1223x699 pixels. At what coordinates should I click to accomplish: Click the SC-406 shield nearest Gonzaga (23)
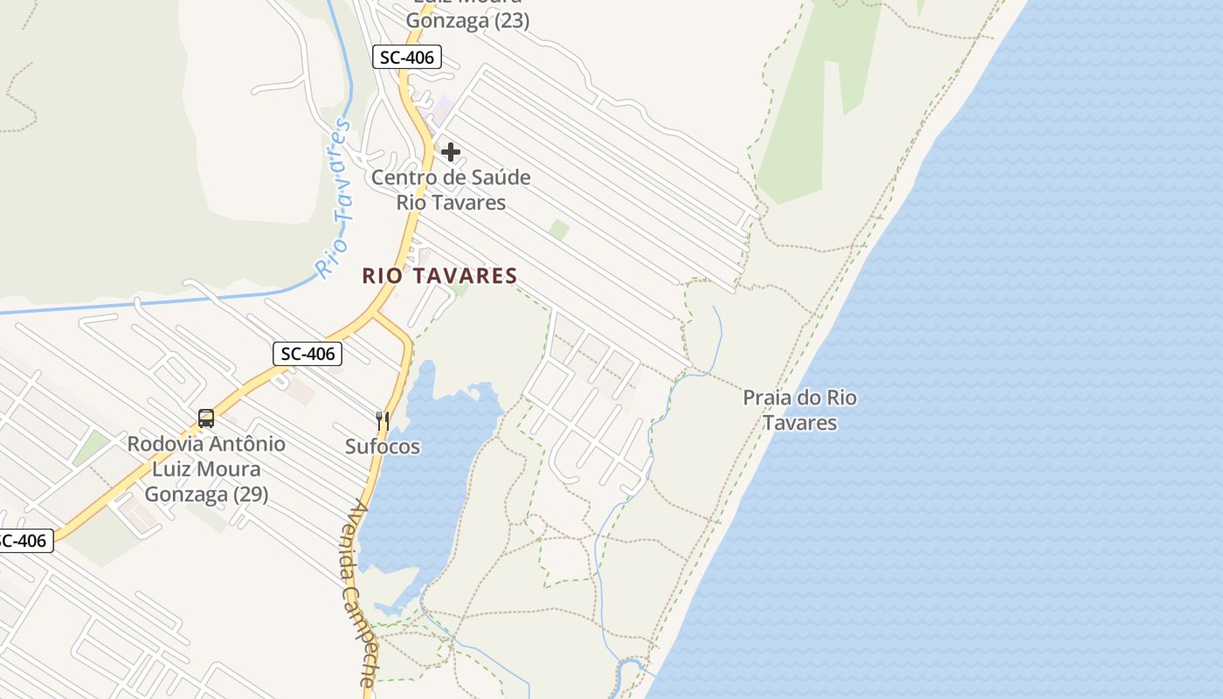coord(406,58)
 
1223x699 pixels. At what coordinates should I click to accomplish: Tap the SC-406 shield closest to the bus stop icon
coord(307,354)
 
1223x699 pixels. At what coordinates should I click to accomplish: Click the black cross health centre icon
coord(451,153)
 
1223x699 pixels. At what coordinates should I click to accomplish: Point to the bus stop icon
coord(206,419)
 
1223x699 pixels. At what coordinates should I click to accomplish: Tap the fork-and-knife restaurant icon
coord(382,421)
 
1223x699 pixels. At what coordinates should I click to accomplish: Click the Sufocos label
coord(383,446)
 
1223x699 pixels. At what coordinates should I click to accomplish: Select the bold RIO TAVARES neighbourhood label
coord(440,276)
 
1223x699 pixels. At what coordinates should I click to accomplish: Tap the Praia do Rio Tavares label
coord(799,411)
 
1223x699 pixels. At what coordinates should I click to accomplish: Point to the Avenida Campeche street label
coord(361,593)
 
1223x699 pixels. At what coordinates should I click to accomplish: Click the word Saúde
coord(497,177)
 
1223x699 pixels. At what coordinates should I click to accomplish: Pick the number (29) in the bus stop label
coord(250,494)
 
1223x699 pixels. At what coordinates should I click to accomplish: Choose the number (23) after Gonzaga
coord(512,21)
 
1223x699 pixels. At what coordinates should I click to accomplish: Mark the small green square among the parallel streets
coord(559,230)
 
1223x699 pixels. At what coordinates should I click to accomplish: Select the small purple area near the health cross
coord(444,109)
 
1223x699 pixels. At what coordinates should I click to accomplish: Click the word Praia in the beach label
coord(770,398)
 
